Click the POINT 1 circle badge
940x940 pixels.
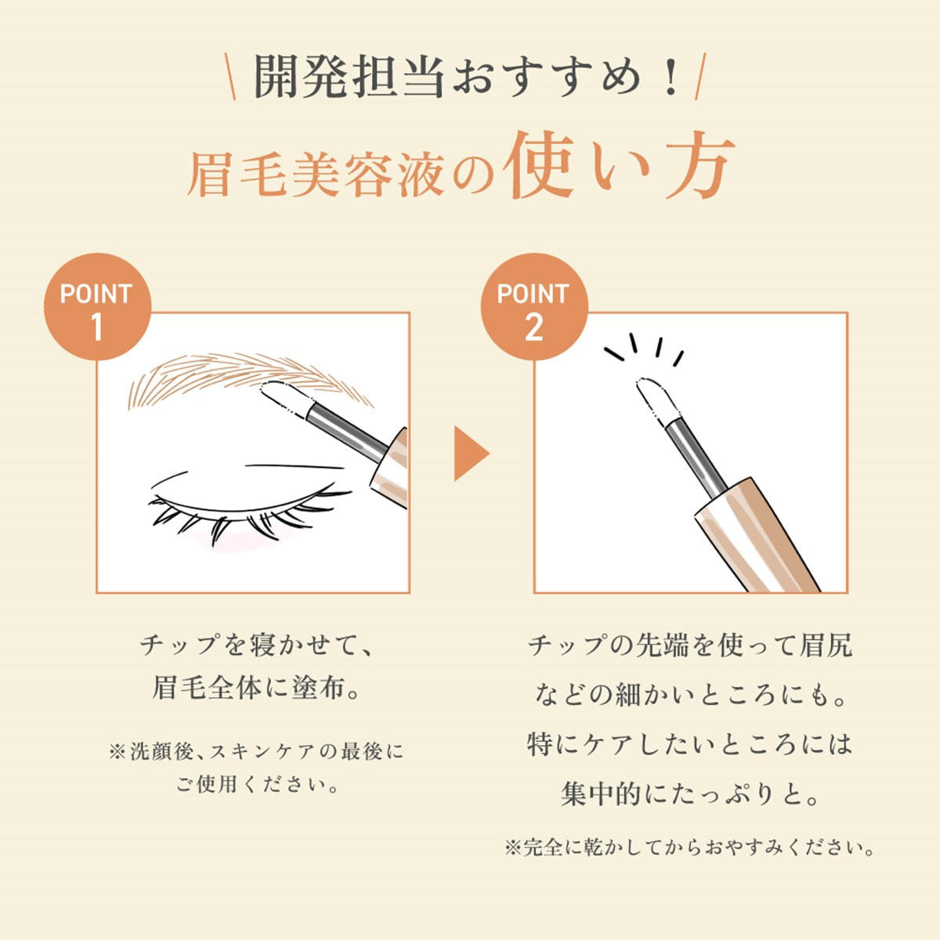(98, 306)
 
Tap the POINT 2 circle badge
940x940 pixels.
(534, 306)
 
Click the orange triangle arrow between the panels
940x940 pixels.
(472, 454)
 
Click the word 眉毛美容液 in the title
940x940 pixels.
(315, 175)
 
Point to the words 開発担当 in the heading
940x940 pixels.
(349, 76)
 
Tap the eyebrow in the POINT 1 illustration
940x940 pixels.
(249, 378)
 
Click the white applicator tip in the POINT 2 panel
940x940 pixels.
(657, 399)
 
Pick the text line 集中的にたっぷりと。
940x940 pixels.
(690, 794)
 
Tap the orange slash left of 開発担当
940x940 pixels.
(231, 77)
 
